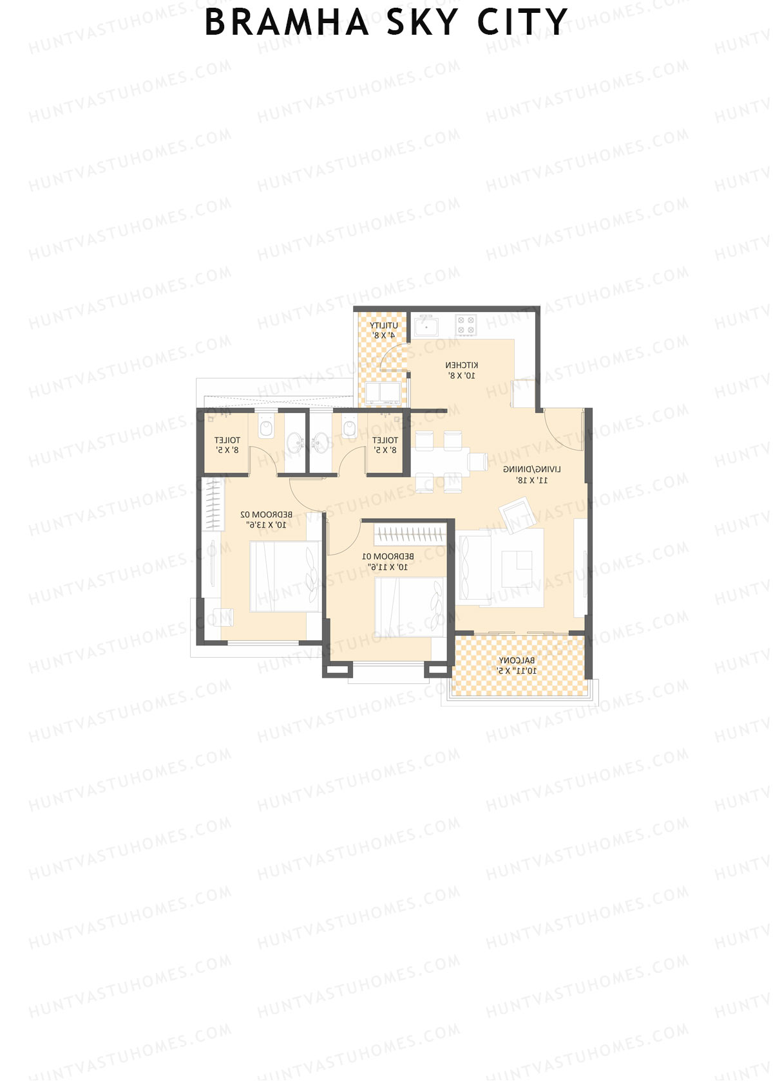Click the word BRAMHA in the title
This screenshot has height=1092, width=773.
287,23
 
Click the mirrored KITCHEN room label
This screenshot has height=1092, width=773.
462,366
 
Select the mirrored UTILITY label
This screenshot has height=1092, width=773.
383,326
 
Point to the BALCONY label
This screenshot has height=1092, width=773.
517,660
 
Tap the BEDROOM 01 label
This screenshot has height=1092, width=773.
388,556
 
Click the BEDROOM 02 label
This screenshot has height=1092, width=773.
266,515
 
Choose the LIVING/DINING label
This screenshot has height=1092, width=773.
531,470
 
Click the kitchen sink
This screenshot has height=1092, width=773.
426,327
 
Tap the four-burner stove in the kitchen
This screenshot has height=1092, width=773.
466,326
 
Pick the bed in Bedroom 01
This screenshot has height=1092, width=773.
409,607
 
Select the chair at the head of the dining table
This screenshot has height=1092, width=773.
477,461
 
